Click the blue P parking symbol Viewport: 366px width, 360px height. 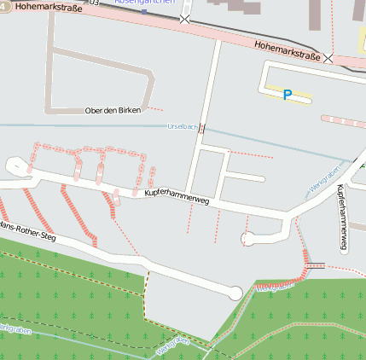click(288, 96)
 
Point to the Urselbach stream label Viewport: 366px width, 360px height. click(182, 127)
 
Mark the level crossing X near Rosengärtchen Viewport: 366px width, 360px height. click(185, 19)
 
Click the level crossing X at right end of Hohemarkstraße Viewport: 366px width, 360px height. click(328, 58)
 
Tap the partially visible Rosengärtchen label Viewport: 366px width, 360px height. click(144, 3)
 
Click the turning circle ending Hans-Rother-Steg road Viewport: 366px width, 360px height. click(235, 292)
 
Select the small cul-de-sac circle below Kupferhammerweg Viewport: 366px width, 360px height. click(248, 238)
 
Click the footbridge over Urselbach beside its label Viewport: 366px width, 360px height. click(202, 128)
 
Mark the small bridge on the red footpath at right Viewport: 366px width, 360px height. click(316, 265)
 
